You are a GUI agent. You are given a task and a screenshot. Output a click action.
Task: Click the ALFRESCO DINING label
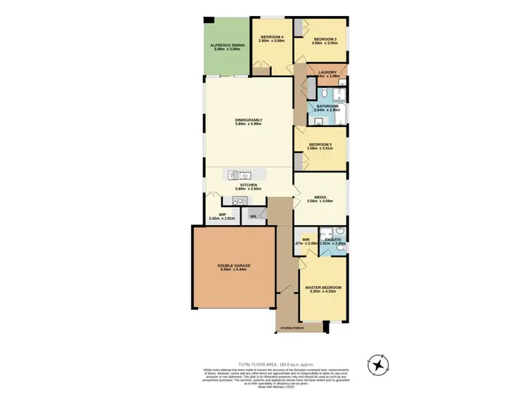227,45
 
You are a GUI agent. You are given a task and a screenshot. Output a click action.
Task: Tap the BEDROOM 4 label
272,37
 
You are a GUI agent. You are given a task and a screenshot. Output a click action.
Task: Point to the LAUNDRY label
327,72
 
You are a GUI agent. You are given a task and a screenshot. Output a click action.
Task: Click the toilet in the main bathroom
325,93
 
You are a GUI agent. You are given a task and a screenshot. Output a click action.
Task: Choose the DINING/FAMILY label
248,120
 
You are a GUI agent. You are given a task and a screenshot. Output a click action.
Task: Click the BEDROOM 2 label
320,145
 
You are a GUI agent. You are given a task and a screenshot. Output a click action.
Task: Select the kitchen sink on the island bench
242,175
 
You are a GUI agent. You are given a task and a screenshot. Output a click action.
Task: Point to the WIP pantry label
222,215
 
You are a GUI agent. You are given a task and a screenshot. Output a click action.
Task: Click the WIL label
253,216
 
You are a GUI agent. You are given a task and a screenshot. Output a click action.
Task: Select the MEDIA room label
320,199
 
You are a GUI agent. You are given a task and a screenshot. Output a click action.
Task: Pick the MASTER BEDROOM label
323,288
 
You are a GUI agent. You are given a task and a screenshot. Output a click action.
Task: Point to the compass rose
379,364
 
